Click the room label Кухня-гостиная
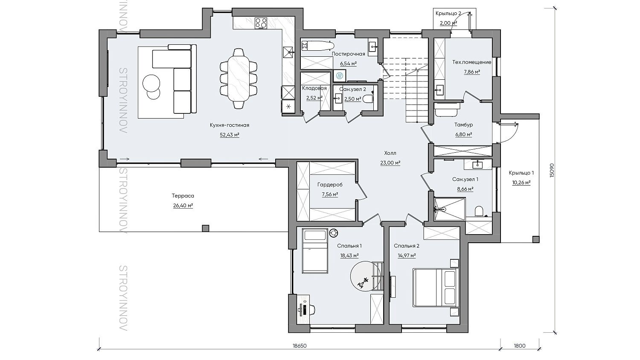230,125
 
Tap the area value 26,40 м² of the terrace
183,206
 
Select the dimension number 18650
300,346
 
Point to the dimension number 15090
551,170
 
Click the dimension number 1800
520,346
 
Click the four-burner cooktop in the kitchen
261,23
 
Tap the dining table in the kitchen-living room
238,78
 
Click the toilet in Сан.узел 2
368,99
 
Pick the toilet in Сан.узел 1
479,212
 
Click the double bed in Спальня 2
436,287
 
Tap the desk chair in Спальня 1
311,308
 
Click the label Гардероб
330,185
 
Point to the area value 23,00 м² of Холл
390,163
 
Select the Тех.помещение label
472,62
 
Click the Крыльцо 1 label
521,173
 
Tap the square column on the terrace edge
205,228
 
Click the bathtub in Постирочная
318,46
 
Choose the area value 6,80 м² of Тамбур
463,134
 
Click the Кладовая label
314,88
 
